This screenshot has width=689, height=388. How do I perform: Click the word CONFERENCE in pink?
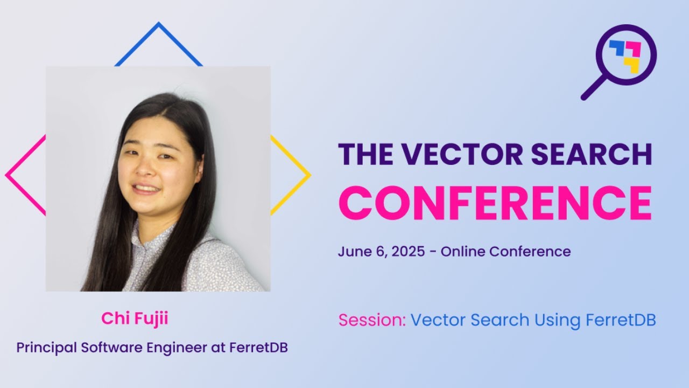pyautogui.click(x=495, y=203)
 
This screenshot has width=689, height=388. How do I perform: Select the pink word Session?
pyautogui.click(x=372, y=320)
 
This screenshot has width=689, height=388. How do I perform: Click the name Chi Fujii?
pyautogui.click(x=135, y=318)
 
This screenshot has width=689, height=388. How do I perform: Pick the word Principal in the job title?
pyautogui.click(x=47, y=348)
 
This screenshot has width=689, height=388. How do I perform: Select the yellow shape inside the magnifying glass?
pyautogui.click(x=631, y=65)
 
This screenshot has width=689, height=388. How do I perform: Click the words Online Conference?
pyautogui.click(x=505, y=252)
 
